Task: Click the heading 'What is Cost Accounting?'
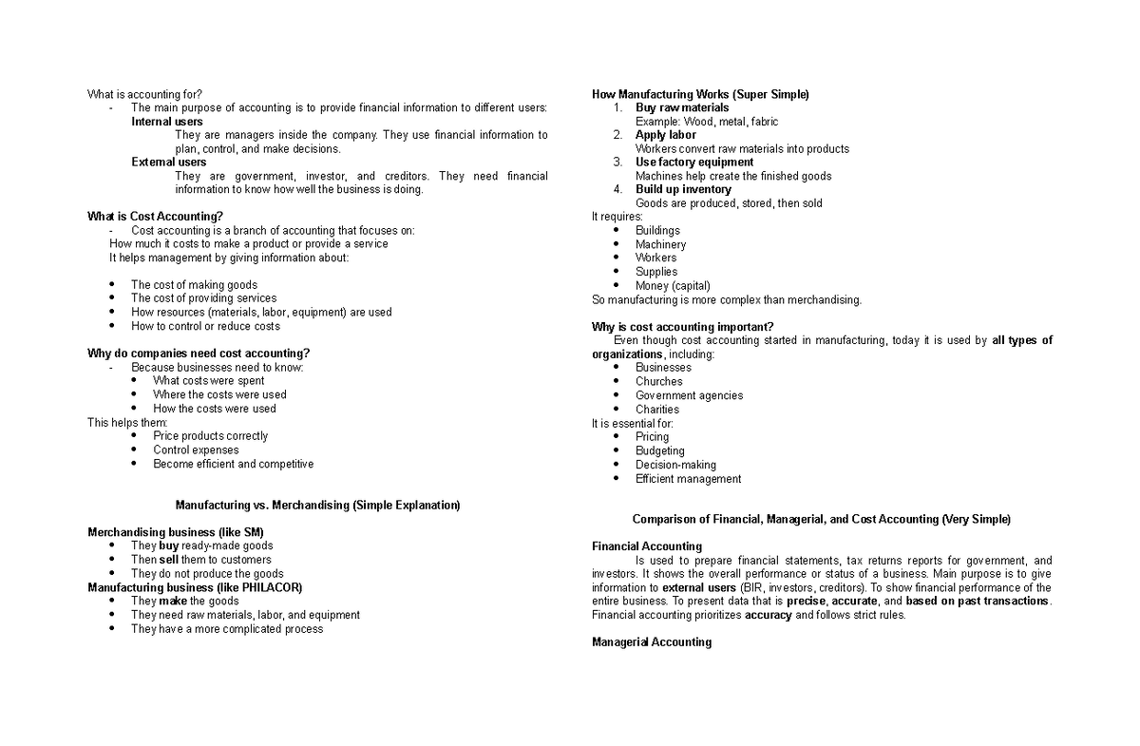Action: [155, 217]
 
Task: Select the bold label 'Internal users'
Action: [166, 122]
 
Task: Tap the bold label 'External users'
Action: [168, 163]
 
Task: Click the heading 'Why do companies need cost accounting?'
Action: [199, 354]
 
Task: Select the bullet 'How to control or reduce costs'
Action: [205, 326]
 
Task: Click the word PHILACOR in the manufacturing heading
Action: [239, 587]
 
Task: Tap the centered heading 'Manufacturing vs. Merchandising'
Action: [317, 505]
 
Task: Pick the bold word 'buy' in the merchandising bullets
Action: [169, 546]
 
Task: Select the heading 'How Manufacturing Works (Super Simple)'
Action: [700, 94]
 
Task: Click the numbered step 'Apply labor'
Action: [665, 135]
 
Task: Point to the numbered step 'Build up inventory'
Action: [683, 189]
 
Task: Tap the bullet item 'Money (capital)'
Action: [673, 286]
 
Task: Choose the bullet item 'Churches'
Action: [658, 382]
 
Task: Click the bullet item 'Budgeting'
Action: [659, 451]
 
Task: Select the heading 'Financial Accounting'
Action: [646, 546]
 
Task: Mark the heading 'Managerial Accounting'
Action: [651, 642]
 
